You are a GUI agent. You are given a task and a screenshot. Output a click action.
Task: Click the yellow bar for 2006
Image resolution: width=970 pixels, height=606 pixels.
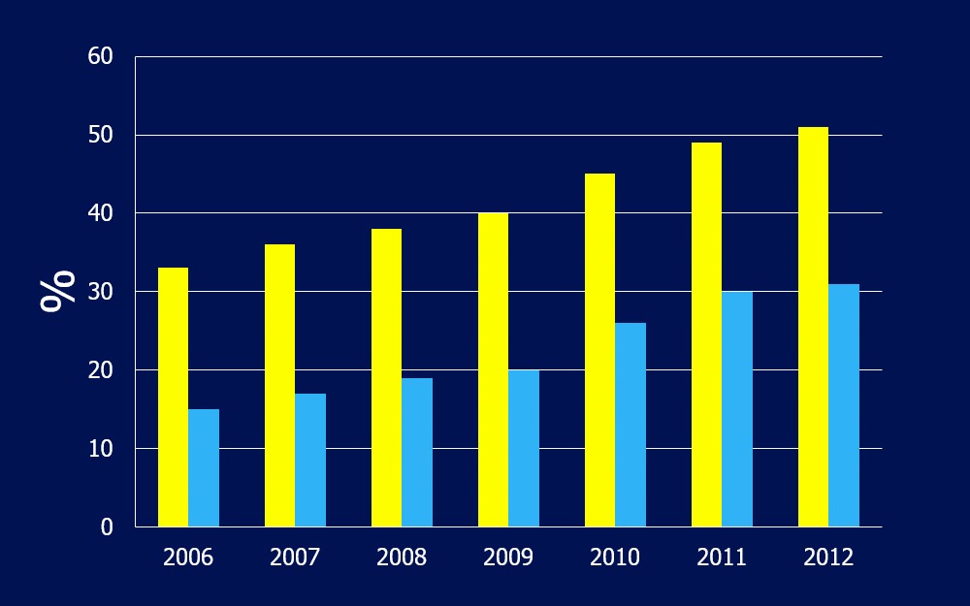point(173,398)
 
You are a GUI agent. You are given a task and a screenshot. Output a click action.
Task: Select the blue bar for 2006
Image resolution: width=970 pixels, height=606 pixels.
point(204,468)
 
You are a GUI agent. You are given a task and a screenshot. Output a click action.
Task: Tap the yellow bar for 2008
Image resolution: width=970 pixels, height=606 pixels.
point(386,378)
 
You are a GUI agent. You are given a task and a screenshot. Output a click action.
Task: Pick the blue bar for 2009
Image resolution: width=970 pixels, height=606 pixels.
point(524,448)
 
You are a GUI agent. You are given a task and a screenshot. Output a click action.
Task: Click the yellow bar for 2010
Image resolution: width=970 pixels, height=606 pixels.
point(599,350)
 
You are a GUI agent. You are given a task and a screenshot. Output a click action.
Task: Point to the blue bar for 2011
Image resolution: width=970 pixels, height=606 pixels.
point(737,409)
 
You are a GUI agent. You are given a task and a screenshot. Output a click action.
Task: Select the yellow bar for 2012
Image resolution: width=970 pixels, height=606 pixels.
point(813,327)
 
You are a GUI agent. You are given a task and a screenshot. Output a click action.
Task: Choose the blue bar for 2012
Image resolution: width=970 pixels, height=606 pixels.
point(844,405)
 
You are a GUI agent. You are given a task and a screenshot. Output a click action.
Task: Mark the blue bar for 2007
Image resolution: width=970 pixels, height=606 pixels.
point(310,461)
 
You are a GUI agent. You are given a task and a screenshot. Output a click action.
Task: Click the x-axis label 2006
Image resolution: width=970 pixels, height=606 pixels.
point(188,558)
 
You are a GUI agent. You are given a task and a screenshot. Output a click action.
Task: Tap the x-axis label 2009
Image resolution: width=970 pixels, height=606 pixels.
point(508,558)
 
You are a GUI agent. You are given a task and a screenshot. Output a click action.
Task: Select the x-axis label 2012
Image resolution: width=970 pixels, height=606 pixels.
point(828,558)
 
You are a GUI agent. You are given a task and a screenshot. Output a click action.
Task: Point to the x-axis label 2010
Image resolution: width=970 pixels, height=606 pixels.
point(615,558)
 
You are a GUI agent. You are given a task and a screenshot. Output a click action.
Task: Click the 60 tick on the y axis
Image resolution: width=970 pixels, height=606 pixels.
point(101,57)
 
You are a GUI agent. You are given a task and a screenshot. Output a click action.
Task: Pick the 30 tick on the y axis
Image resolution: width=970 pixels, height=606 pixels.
point(101,292)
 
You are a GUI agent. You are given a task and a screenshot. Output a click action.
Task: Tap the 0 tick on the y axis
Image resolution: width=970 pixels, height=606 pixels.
point(107,527)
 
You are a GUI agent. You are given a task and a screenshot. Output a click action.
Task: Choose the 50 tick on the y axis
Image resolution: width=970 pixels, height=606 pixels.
point(101,136)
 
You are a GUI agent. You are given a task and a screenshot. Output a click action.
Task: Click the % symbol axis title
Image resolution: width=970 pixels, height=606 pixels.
point(58,291)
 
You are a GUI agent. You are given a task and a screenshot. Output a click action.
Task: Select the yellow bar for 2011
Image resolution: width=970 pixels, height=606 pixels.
point(706,335)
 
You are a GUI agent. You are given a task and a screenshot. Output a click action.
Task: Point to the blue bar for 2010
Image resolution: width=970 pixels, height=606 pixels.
point(630,425)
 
